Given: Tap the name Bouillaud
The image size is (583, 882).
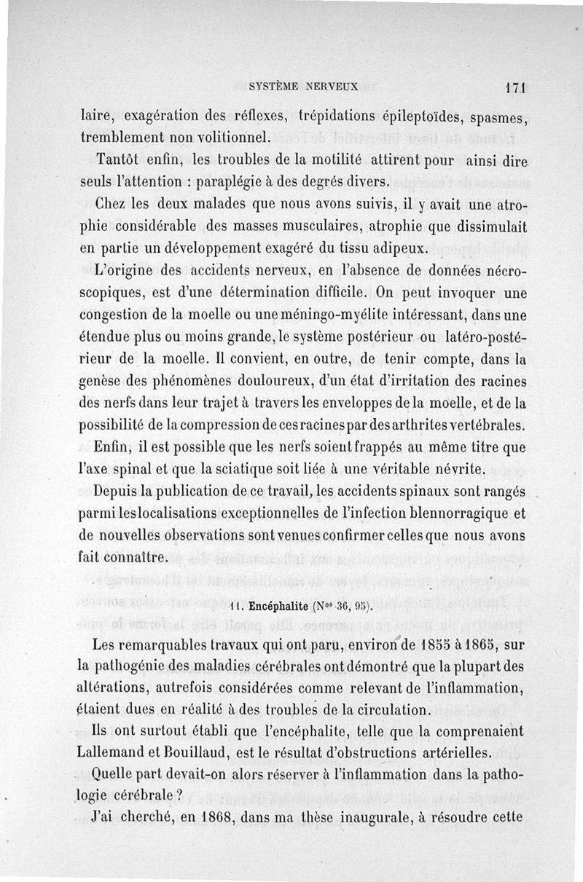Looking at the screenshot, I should coord(206,752).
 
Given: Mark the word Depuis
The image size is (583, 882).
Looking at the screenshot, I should coord(122,492).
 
